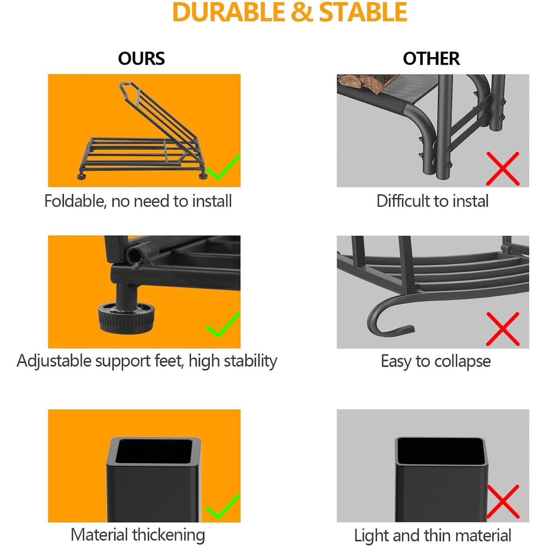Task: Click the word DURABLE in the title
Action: (228, 12)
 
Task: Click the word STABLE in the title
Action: (363, 12)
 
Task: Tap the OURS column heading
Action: (141, 59)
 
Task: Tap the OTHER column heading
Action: (431, 59)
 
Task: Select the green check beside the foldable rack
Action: (223, 168)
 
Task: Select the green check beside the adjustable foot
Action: (223, 325)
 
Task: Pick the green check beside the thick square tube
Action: (223, 506)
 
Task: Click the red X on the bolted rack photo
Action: (503, 169)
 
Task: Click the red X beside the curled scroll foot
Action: (503, 329)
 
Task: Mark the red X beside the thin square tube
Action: (503, 501)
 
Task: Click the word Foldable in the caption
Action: (75, 201)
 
